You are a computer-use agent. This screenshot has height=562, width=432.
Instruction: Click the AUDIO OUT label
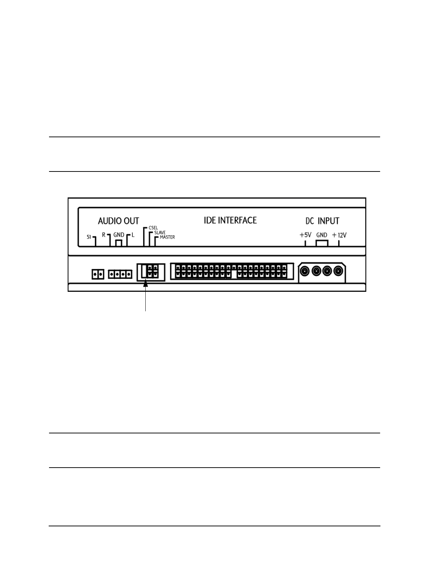pos(118,221)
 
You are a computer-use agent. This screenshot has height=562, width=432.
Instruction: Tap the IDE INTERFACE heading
pos(230,220)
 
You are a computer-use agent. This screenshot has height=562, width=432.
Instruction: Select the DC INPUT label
pos(320,221)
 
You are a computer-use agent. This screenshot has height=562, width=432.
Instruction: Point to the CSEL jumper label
pos(153,228)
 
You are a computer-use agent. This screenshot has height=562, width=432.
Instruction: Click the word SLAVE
pos(160,233)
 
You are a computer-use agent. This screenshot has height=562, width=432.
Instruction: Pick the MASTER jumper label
pos(167,237)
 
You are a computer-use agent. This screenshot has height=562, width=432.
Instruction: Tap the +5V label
pos(305,235)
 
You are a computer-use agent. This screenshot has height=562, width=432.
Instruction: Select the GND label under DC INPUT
pos(322,235)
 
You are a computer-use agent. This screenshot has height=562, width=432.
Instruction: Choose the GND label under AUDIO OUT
pos(119,235)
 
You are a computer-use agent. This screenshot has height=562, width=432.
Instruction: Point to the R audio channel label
pos(103,235)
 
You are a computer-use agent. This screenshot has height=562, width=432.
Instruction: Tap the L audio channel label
pos(133,235)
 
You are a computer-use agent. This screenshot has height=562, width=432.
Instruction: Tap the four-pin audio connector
pos(120,275)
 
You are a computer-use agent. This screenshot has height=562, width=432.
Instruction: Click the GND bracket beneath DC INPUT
pos(322,243)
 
